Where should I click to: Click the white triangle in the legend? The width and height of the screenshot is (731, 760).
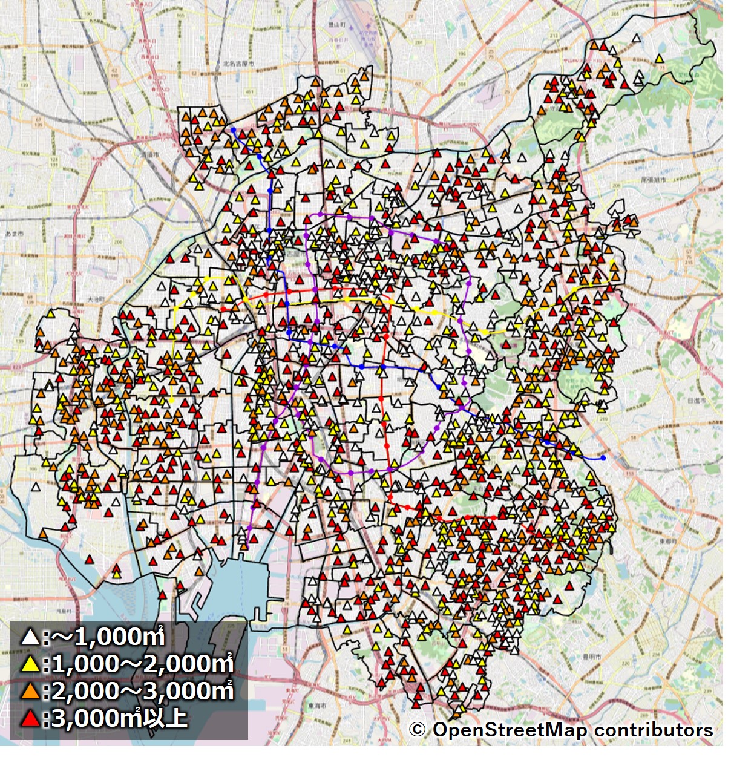[30, 637]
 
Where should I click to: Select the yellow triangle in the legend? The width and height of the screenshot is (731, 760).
[30, 664]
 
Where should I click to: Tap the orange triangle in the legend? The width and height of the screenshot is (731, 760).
[30, 691]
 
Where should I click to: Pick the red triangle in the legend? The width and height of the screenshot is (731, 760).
[30, 719]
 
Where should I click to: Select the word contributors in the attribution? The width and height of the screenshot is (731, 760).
[653, 730]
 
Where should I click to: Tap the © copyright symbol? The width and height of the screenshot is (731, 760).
[417, 730]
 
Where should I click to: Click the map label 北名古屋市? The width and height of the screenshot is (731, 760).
[238, 64]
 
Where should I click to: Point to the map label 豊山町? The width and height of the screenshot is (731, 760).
[336, 24]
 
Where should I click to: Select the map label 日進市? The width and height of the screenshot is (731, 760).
[696, 401]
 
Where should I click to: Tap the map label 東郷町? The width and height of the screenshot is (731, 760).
[667, 541]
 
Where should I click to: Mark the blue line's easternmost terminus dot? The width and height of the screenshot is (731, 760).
[603, 457]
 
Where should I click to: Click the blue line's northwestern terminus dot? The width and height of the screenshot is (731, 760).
[233, 129]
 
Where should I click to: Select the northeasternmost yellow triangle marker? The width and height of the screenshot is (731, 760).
[659, 59]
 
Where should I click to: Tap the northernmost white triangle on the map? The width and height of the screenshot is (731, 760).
[636, 38]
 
